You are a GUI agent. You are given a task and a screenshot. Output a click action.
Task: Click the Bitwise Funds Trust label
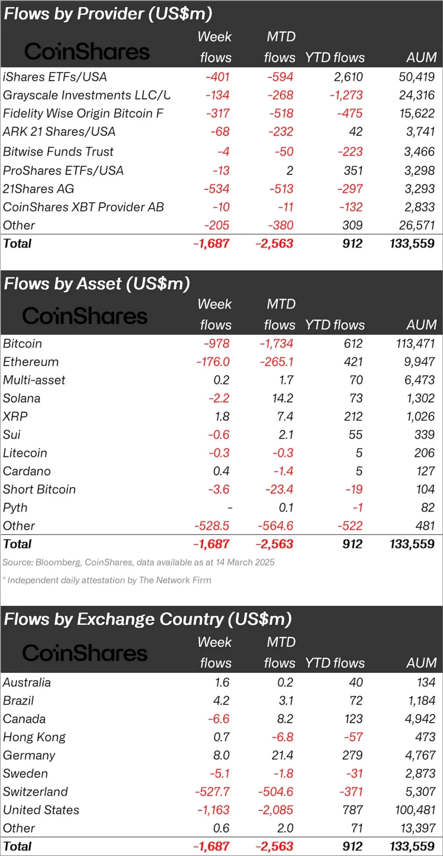tap(58, 152)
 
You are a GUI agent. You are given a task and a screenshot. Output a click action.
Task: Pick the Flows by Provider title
tap(108, 13)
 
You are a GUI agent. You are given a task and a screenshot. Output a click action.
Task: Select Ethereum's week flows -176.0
tap(213, 362)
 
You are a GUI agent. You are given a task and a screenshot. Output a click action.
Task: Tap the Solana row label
tap(22, 398)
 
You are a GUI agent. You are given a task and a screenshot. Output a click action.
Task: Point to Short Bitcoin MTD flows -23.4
tap(279, 489)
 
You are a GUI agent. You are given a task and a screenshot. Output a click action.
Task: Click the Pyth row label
tap(15, 508)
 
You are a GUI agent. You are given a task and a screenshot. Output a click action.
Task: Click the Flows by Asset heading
tap(96, 283)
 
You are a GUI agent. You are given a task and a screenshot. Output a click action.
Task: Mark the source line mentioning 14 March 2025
tap(138, 562)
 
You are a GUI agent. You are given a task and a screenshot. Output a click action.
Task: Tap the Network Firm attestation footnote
tap(107, 580)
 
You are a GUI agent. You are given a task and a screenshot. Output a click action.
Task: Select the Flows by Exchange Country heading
tap(148, 619)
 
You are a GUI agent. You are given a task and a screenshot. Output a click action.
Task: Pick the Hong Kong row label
tap(34, 737)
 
